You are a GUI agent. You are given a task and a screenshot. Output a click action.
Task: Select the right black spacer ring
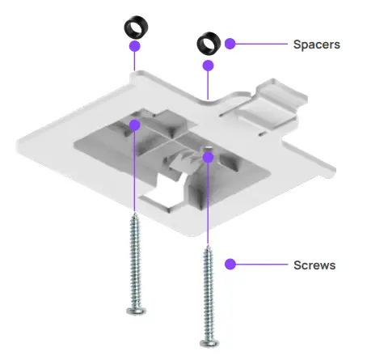[x=209, y=42]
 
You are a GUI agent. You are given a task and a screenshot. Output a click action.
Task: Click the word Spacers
[x=316, y=45]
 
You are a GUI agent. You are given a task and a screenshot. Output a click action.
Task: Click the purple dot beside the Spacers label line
[x=230, y=44]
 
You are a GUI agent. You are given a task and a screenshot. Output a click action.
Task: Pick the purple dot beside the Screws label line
[x=230, y=265]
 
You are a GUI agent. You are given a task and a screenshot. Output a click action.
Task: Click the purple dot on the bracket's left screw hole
[x=135, y=125]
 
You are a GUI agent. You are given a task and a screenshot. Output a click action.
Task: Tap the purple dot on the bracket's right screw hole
[x=208, y=157]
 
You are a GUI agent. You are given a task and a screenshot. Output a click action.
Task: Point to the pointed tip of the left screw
[x=133, y=215]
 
